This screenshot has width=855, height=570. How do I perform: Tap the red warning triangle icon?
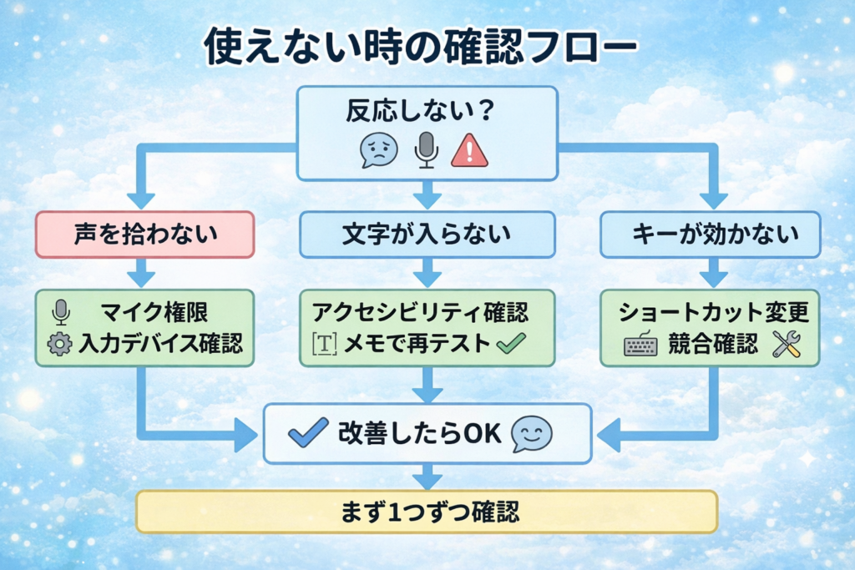coord(468,150)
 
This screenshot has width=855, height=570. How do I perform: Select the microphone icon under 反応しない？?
coord(427,149)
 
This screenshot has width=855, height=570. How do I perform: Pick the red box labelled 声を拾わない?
coord(144,235)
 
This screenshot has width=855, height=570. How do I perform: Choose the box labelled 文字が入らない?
coord(427,235)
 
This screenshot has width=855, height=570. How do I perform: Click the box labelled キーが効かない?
coord(711,235)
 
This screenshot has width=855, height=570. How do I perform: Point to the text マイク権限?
coord(154,313)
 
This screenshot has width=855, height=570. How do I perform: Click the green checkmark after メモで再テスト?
coord(509,344)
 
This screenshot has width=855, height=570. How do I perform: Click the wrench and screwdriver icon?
coord(786,344)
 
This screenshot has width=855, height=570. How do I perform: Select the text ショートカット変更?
coord(714,313)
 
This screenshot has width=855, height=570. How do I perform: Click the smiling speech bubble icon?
coord(532,433)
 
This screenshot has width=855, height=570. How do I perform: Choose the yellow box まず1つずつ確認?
coord(427,511)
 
